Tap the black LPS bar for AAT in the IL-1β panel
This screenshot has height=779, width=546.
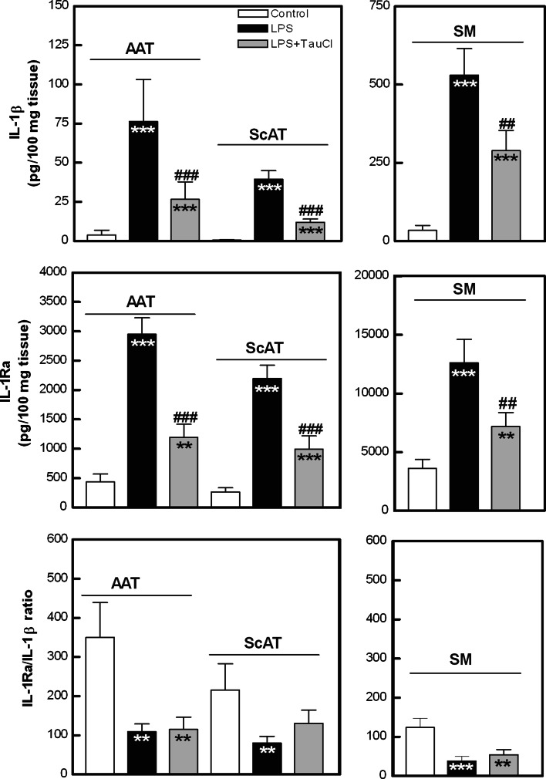[x=143, y=181]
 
